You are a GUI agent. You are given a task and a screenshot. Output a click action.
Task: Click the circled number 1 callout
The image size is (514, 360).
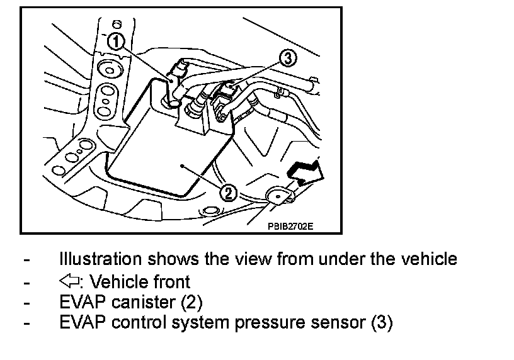(115, 42)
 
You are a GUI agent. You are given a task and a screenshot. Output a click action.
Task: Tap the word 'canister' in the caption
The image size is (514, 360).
(144, 303)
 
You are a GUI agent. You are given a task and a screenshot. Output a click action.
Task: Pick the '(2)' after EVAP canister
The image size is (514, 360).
(191, 303)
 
